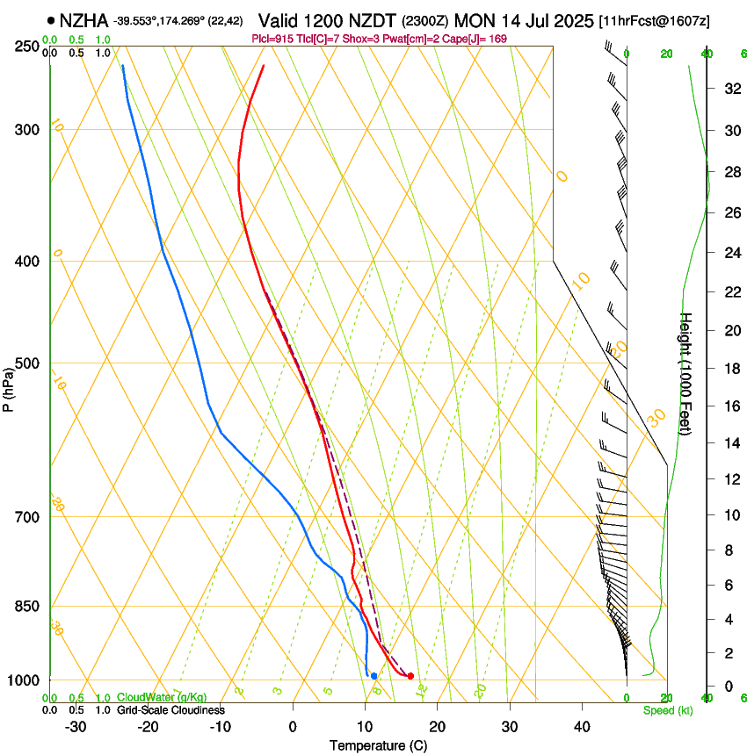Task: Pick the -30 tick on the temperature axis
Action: coord(76,726)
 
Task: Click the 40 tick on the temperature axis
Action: coord(582,726)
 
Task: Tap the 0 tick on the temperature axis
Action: coord(293,726)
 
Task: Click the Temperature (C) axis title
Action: coord(378,745)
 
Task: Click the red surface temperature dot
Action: coord(410,675)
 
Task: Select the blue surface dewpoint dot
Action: coord(373,675)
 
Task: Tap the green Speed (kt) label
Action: coord(667,709)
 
